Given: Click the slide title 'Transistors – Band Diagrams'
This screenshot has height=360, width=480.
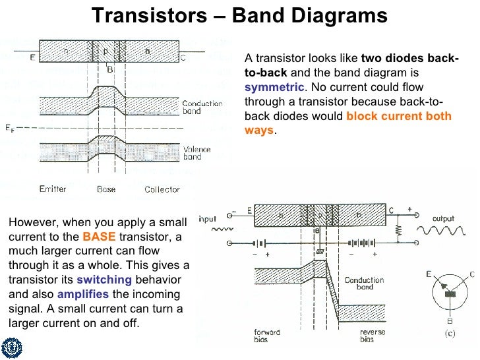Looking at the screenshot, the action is pos(239,14).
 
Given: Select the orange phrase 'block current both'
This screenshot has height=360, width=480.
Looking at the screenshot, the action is pos(398,116).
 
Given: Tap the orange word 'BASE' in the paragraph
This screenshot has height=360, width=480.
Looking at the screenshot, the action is pos(94,237).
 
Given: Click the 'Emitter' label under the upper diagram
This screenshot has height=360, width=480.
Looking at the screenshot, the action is pos(53,189).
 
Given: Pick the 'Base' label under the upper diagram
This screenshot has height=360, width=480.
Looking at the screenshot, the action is pos(106,189).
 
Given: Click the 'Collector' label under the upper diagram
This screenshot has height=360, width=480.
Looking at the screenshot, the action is pos(162,189).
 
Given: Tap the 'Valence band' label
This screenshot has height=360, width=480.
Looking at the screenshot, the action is pos(196,154).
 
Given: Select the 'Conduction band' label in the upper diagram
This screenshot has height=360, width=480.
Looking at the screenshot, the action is pos(201,107).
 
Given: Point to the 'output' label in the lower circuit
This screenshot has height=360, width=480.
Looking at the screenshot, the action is pos(443,218).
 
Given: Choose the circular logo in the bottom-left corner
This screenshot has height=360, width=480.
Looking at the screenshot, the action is pos(12,347).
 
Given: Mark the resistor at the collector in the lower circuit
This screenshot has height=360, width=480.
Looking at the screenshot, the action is pos(399,231).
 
